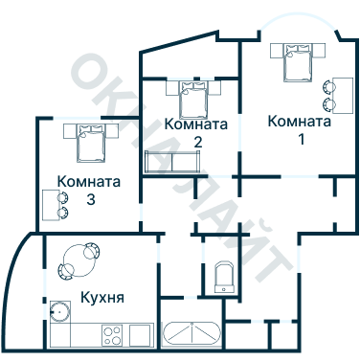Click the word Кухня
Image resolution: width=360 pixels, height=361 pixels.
point(101,298)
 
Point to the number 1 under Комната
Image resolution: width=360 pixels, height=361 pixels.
point(300,140)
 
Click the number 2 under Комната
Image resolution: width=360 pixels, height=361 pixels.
point(196,143)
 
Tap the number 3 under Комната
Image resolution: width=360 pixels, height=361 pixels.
point(89,199)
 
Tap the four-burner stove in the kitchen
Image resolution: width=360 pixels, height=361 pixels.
point(112,335)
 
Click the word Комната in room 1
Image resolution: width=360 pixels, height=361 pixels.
point(300,122)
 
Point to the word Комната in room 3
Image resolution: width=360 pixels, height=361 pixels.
point(89,181)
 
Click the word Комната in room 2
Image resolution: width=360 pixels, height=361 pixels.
point(196,124)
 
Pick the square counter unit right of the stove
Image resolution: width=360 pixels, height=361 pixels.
point(141,335)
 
